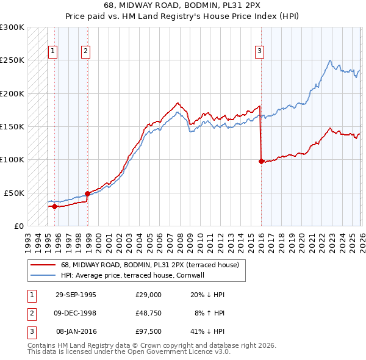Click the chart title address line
pyautogui.click(x=183, y=5)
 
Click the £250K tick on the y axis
pyautogui.click(x=12, y=60)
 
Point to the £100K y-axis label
pyautogui.click(x=12, y=159)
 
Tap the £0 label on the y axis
pyautogui.click(x=19, y=226)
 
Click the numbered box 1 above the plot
pyautogui.click(x=54, y=52)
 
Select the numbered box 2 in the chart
pyautogui.click(x=86, y=52)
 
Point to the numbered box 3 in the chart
pyautogui.click(x=260, y=52)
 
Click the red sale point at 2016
pyautogui.click(x=261, y=162)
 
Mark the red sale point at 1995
pyautogui.click(x=55, y=206)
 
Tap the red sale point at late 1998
pyautogui.click(x=87, y=193)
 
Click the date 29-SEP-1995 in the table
pyautogui.click(x=76, y=295)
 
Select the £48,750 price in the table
pyautogui.click(x=149, y=313)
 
